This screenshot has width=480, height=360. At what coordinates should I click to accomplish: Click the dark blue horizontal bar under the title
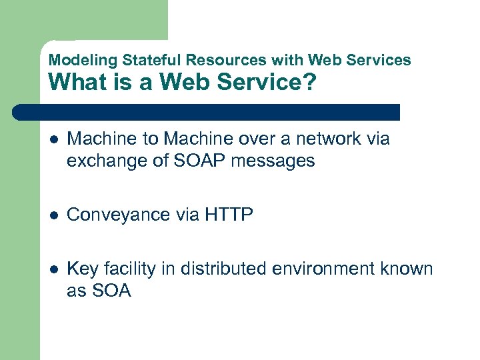pos(207,112)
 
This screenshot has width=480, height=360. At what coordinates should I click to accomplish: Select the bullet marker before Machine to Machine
pos(53,140)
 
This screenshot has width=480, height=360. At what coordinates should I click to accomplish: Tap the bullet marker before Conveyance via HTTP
pos(53,215)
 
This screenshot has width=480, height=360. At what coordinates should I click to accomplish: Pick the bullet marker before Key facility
pos(53,270)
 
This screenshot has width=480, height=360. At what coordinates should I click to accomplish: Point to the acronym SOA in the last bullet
pos(110,291)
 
